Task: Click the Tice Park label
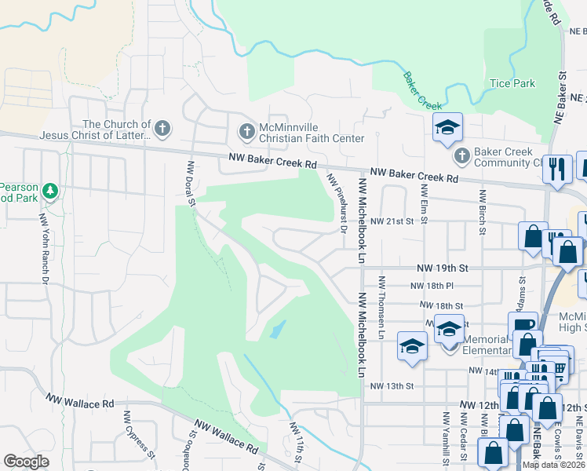[512, 83]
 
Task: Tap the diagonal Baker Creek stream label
[422, 91]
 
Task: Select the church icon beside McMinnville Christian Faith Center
[246, 131]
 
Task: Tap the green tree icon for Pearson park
[51, 191]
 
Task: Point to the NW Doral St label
[191, 183]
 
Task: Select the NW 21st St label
[392, 221]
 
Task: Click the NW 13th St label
[392, 386]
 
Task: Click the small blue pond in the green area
[275, 330]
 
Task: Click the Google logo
[26, 462]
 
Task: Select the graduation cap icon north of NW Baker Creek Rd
[447, 127]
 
